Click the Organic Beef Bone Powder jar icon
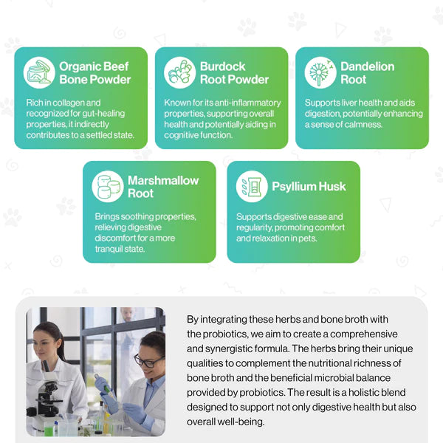tap(39, 72)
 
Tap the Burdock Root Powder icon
tap(179, 72)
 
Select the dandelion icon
tap(320, 72)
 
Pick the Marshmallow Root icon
tap(108, 187)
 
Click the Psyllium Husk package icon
tap(252, 187)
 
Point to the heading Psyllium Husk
tap(309, 187)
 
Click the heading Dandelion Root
tap(367, 73)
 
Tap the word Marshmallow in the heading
tap(163, 180)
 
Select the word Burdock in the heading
tap(223, 66)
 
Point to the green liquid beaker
tap(49, 428)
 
